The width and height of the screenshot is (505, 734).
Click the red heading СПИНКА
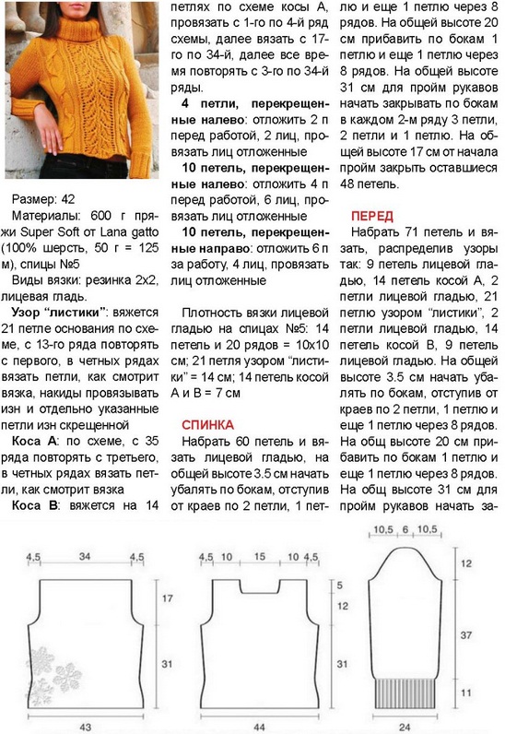[208, 425]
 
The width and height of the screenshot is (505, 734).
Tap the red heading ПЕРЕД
[373, 216]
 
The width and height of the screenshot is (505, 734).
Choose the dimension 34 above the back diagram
[85, 557]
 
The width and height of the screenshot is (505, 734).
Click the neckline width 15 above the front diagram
[261, 557]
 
